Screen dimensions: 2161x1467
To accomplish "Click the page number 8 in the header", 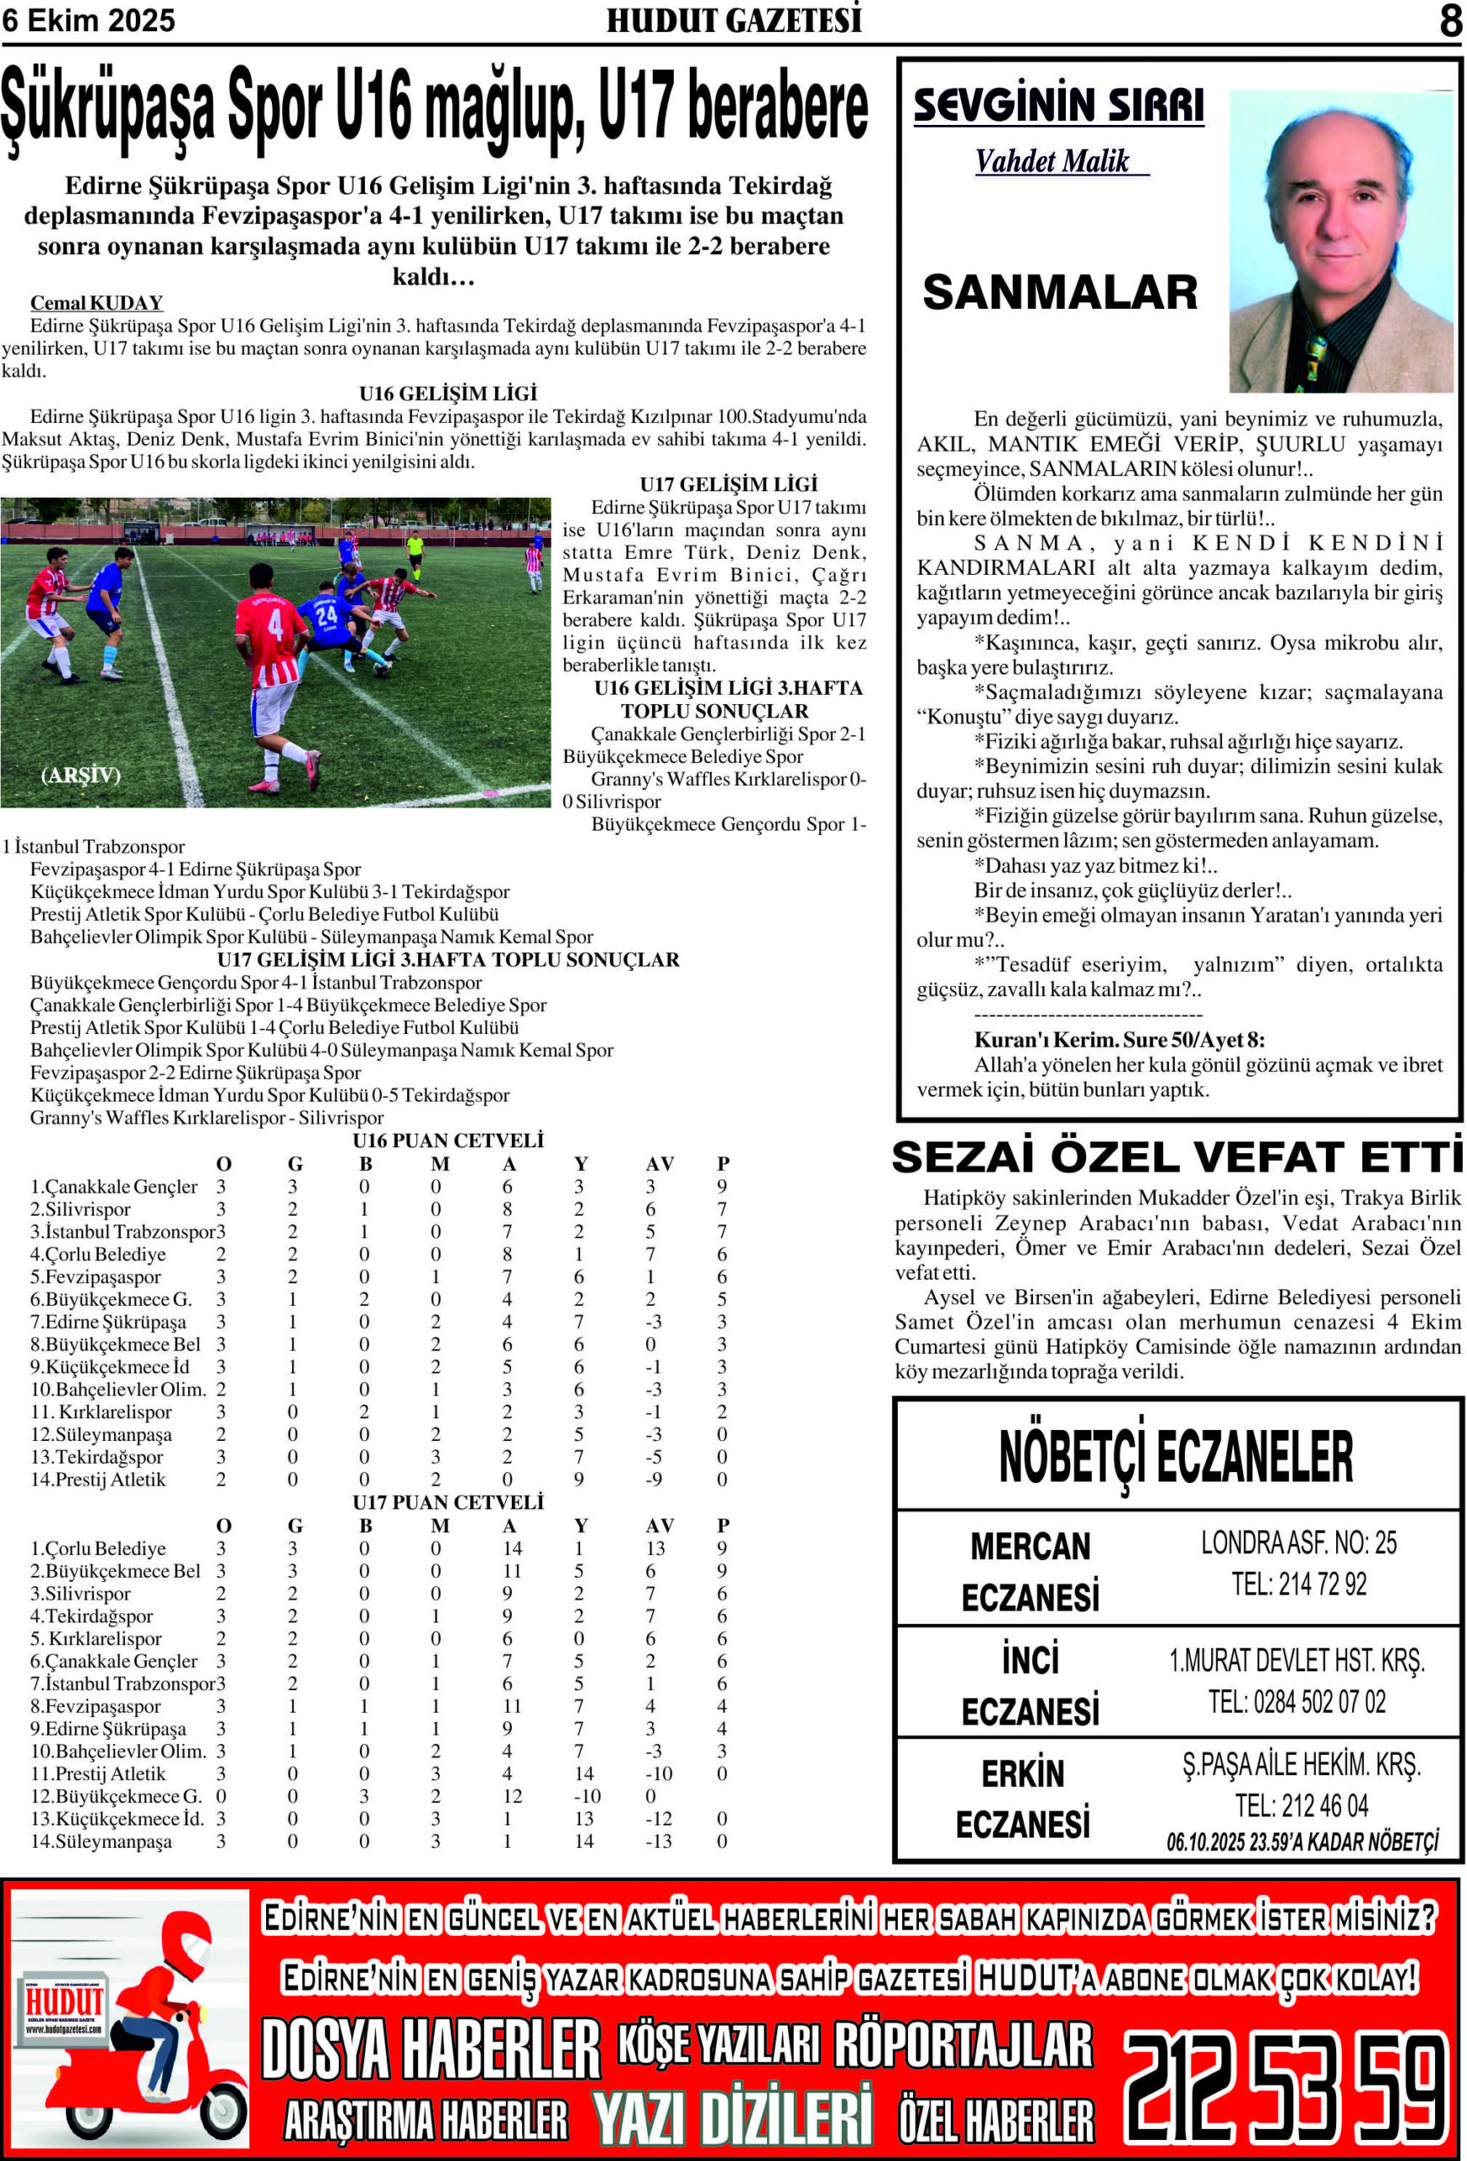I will click(1449, 20).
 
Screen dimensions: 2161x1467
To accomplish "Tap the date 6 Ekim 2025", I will click(89, 20).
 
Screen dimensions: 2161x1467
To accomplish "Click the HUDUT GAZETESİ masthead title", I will click(734, 20).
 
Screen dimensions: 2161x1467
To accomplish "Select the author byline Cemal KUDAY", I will click(97, 303).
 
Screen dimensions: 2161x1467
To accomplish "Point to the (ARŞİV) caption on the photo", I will click(81, 776).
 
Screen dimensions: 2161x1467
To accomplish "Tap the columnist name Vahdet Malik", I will click(1052, 162).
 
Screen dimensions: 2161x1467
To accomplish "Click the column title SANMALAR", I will click(1060, 293).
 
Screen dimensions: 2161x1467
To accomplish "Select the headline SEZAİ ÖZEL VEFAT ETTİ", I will click(1176, 1157).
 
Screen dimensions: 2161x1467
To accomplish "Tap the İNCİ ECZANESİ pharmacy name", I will click(1030, 1685).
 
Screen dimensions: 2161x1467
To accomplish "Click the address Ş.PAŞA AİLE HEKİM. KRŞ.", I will click(1301, 1765).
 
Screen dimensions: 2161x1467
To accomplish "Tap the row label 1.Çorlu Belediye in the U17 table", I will click(98, 1549).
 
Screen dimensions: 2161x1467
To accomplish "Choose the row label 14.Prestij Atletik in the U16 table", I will click(98, 1481).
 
